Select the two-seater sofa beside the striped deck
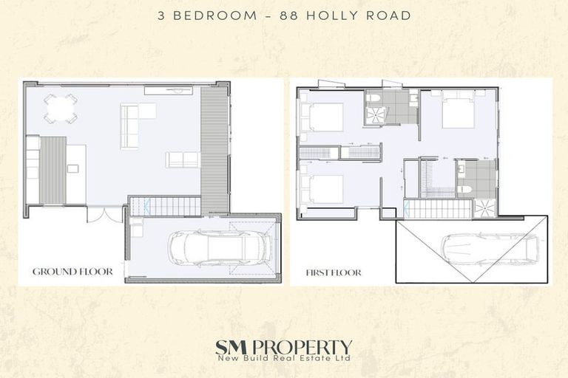(182, 159)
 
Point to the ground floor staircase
(164, 206)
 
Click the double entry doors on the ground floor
(103, 214)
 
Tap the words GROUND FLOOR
(72, 272)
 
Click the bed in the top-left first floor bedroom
(323, 117)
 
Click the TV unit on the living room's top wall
(169, 91)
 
